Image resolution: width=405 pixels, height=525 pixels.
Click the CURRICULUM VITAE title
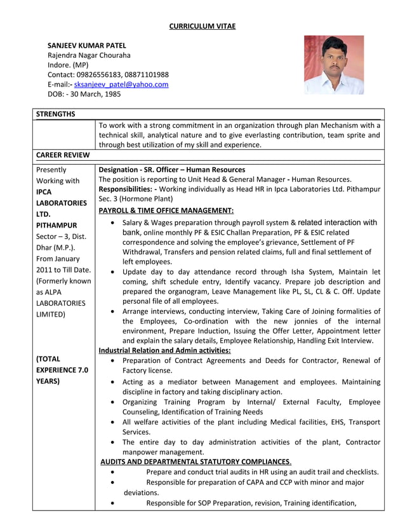(x=202, y=26)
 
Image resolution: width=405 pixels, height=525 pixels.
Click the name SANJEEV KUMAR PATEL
(x=87, y=46)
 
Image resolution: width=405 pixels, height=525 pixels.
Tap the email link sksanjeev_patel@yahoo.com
(x=121, y=85)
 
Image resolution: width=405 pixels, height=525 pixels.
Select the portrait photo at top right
(x=333, y=65)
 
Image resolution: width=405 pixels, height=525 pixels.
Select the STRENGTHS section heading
(x=56, y=114)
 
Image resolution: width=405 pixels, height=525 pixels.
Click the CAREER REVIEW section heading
(x=63, y=155)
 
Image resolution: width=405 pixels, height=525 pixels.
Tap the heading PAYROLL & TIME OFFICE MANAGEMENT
(x=166, y=210)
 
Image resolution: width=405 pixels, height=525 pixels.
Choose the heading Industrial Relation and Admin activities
(x=165, y=350)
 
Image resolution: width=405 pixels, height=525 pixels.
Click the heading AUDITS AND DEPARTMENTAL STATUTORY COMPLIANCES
(x=196, y=461)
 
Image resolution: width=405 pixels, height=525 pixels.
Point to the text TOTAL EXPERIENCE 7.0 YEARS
(x=62, y=370)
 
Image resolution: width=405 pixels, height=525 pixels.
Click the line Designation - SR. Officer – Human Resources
(x=172, y=170)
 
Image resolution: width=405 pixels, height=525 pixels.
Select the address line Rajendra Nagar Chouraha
(x=89, y=55)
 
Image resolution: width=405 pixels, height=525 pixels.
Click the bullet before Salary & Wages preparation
(x=112, y=223)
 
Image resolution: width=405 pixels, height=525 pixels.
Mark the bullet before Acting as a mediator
(x=112, y=383)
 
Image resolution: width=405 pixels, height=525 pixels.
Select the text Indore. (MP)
(x=69, y=65)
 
